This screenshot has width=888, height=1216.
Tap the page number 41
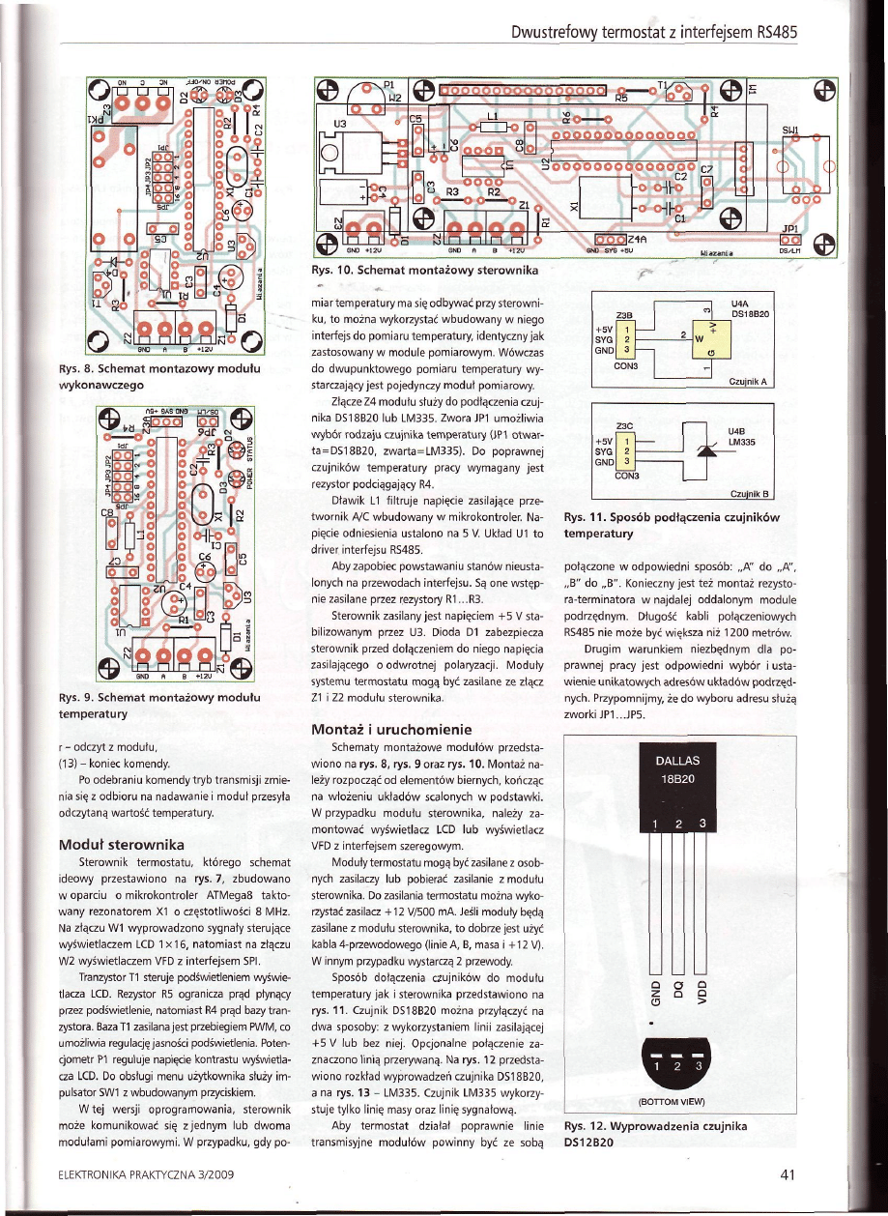click(x=786, y=1174)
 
